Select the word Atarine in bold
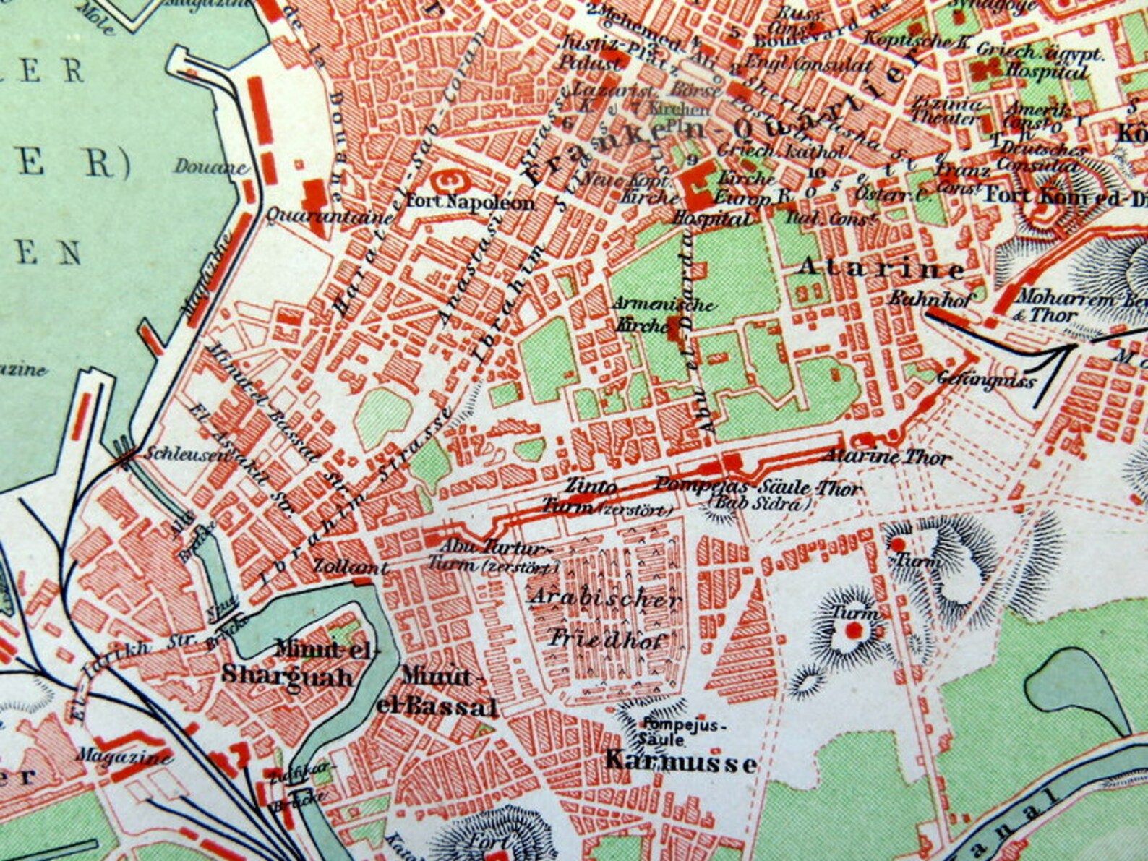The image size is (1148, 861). pyautogui.click(x=881, y=269)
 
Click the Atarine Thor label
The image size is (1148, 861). pyautogui.click(x=886, y=457)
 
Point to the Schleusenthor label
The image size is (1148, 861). pyautogui.click(x=192, y=454)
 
